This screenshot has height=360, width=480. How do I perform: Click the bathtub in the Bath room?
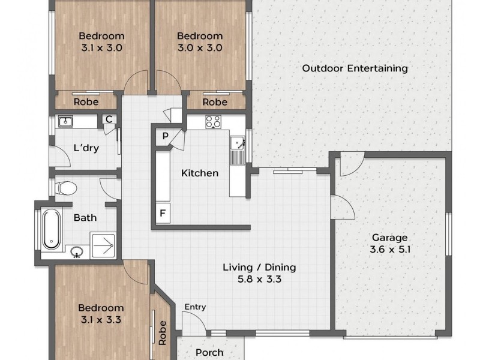52,229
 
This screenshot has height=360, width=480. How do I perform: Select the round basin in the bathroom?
77,252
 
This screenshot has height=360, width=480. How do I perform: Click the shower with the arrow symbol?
103,245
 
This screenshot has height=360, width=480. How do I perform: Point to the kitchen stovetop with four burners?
214,122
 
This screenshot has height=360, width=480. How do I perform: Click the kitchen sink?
237,143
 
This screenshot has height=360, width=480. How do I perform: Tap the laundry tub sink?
65,122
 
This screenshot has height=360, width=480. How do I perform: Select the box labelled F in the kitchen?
163,212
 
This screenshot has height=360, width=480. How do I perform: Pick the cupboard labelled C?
109,119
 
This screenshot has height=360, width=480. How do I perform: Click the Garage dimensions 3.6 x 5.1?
390,249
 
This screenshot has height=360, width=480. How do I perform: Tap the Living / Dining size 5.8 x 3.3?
259,279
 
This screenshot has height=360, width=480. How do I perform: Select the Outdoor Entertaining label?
355,68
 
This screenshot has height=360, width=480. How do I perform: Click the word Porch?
209,352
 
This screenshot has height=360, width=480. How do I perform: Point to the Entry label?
196,307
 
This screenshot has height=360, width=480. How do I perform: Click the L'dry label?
86,148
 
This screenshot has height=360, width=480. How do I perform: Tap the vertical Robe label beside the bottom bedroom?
162,333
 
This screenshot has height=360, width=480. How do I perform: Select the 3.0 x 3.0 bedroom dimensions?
200,48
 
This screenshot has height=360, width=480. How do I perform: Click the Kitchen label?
200,173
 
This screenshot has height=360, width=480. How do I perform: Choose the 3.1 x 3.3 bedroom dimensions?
101,320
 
